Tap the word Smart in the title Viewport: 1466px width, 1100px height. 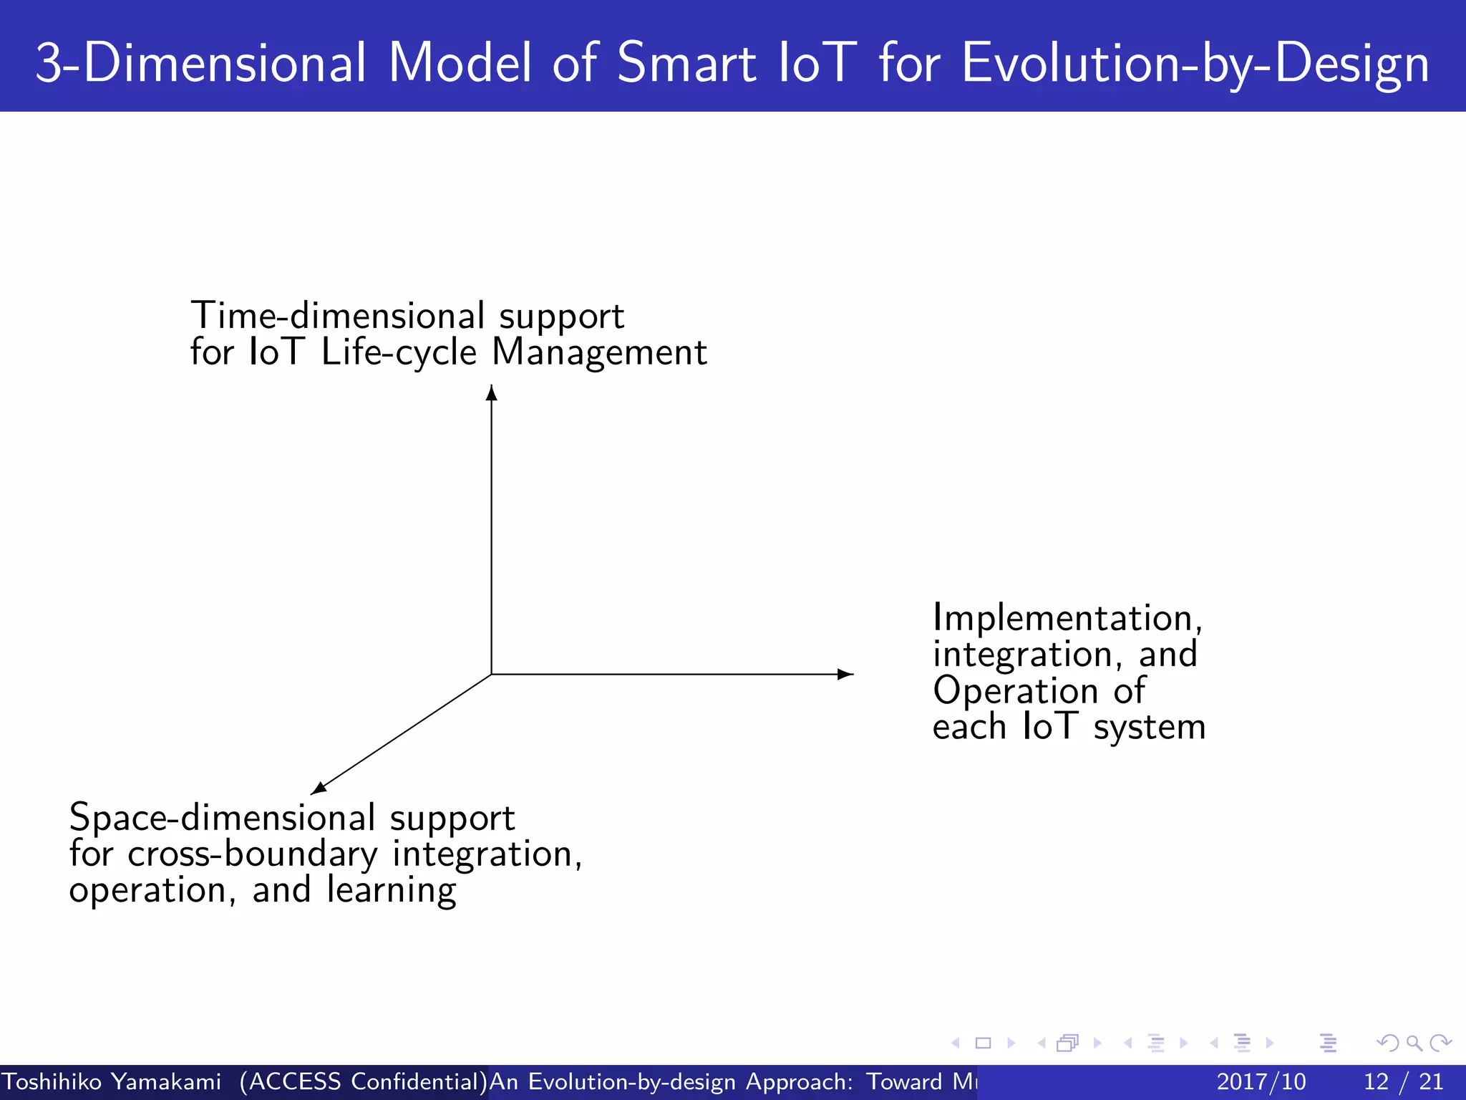[686, 63]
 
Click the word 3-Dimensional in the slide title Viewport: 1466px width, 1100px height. [200, 63]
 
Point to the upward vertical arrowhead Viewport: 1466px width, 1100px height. [491, 393]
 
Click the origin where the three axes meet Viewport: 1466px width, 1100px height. [491, 674]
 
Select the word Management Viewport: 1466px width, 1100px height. [599, 352]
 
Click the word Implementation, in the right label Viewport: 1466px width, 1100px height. [1067, 618]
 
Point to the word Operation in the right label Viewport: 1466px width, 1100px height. [1014, 691]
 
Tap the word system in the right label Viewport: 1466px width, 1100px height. [1149, 728]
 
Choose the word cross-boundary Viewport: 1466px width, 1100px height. [252, 854]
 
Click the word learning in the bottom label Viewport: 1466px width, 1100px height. [391, 891]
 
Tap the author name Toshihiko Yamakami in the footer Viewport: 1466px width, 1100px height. [111, 1081]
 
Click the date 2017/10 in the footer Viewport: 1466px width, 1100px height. [1261, 1081]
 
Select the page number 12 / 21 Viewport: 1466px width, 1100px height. [1403, 1081]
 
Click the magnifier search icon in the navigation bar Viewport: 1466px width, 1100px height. [1414, 1043]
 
